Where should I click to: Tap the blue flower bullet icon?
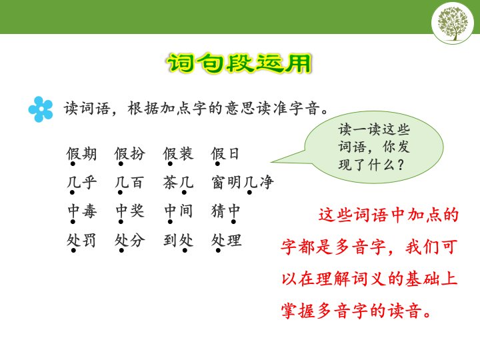tap(41, 109)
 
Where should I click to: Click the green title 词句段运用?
tap(239, 63)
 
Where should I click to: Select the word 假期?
tap(81, 154)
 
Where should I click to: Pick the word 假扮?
tap(130, 154)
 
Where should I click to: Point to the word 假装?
tap(178, 154)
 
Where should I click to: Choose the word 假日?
tap(225, 154)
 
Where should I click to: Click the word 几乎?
tap(81, 183)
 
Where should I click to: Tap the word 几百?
tap(129, 183)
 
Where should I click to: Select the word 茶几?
tap(178, 183)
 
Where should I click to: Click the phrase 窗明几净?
tap(242, 183)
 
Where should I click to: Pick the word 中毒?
tap(82, 211)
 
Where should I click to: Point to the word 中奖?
tap(130, 211)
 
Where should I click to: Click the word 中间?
tap(178, 211)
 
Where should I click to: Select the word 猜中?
tap(225, 211)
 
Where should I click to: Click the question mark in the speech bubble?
tap(400, 165)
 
